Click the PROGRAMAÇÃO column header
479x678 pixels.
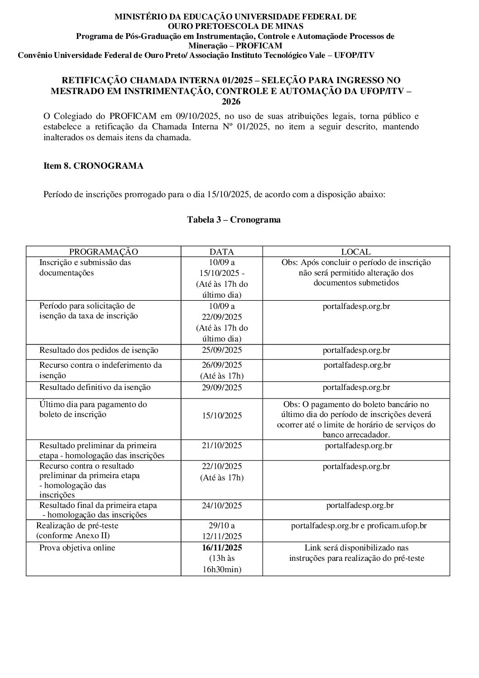pyautogui.click(x=103, y=252)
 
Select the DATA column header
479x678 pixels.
pyautogui.click(x=221, y=252)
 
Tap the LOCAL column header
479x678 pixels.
pyautogui.click(x=356, y=252)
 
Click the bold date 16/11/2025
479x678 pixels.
pyautogui.click(x=222, y=548)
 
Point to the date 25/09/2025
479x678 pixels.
pyautogui.click(x=222, y=351)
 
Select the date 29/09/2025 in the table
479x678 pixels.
pyautogui.click(x=222, y=388)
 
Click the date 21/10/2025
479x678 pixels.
pyautogui.click(x=222, y=446)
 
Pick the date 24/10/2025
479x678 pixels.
pyautogui.click(x=222, y=506)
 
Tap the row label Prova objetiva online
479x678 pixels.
pyautogui.click(x=77, y=548)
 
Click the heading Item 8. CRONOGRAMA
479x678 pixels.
pyautogui.click(x=93, y=166)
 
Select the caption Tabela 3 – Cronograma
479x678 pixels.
pyautogui.click(x=234, y=220)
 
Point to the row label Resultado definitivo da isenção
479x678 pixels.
pyautogui.click(x=95, y=388)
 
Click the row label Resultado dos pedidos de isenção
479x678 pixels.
pyautogui.click(x=99, y=351)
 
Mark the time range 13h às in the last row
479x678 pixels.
pyautogui.click(x=222, y=559)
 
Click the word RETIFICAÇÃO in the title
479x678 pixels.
pyautogui.click(x=95, y=81)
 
